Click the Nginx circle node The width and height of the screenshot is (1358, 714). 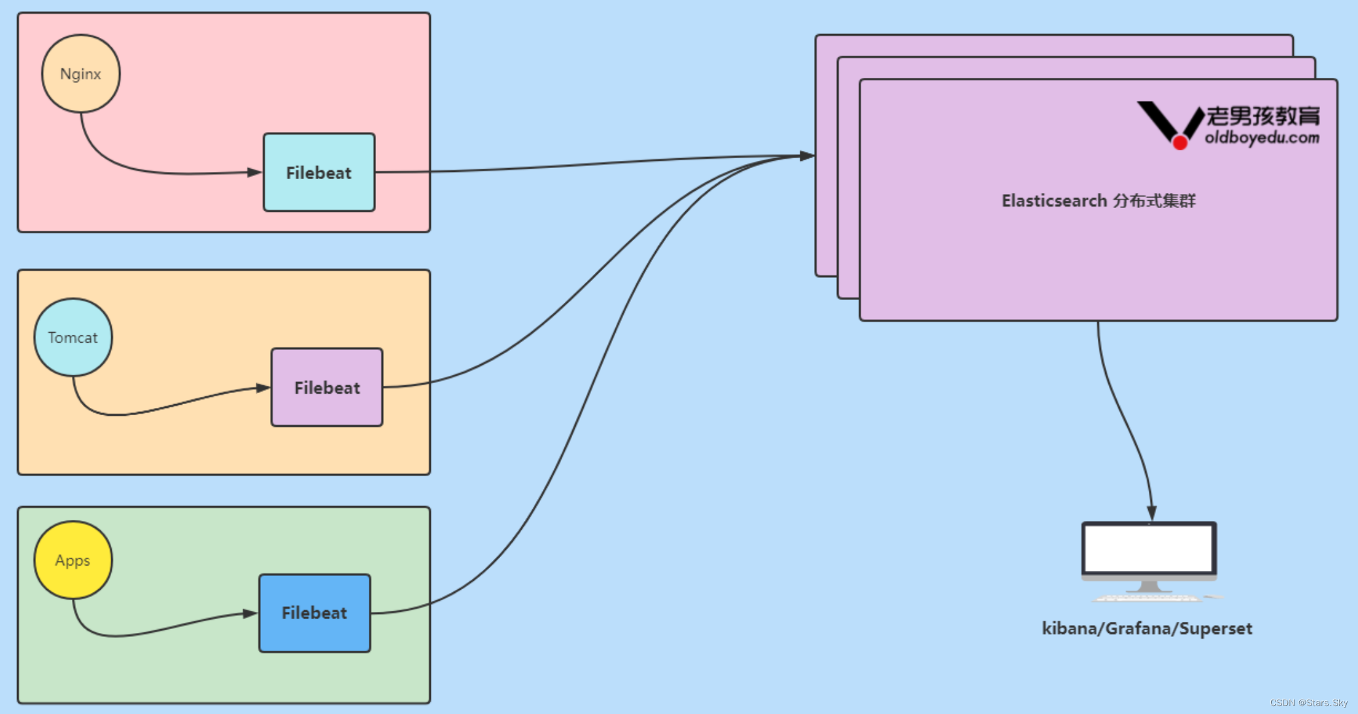click(x=80, y=74)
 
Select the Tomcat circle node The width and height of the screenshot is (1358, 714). click(x=73, y=337)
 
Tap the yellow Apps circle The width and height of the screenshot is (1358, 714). click(x=73, y=560)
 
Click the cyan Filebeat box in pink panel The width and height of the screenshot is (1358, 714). click(x=319, y=173)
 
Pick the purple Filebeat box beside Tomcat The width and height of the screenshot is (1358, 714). click(x=327, y=388)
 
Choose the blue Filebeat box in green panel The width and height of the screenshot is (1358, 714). click(x=314, y=613)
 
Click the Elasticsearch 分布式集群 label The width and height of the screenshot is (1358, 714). click(x=1098, y=201)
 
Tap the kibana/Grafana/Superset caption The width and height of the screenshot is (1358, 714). click(x=1147, y=628)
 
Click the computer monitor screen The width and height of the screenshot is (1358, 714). click(x=1149, y=549)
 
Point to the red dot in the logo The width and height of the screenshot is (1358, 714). click(x=1180, y=143)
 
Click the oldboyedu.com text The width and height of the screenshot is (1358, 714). click(x=1262, y=138)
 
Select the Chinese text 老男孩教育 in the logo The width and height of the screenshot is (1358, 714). click(x=1263, y=116)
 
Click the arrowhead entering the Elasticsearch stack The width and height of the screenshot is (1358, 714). click(x=807, y=156)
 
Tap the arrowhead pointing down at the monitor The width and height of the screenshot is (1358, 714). click(x=1151, y=513)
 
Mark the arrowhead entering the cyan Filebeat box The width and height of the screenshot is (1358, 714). click(x=254, y=173)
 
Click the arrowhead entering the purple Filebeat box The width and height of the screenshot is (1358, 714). click(x=263, y=388)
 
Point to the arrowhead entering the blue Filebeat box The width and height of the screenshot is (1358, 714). click(x=250, y=613)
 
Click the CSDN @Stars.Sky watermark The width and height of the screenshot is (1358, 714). click(x=1308, y=703)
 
